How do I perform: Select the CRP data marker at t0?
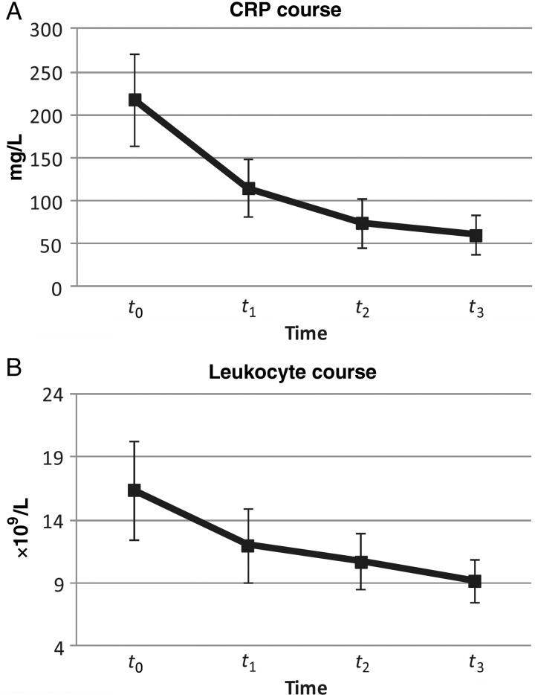135,100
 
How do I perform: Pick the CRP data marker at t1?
249,189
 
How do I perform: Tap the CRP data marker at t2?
363,222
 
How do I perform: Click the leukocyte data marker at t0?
134,490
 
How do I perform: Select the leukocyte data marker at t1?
248,545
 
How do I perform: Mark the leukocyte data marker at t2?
361,563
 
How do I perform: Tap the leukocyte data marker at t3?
475,581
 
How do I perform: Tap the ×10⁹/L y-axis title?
21,519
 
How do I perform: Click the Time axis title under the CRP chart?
305,334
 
